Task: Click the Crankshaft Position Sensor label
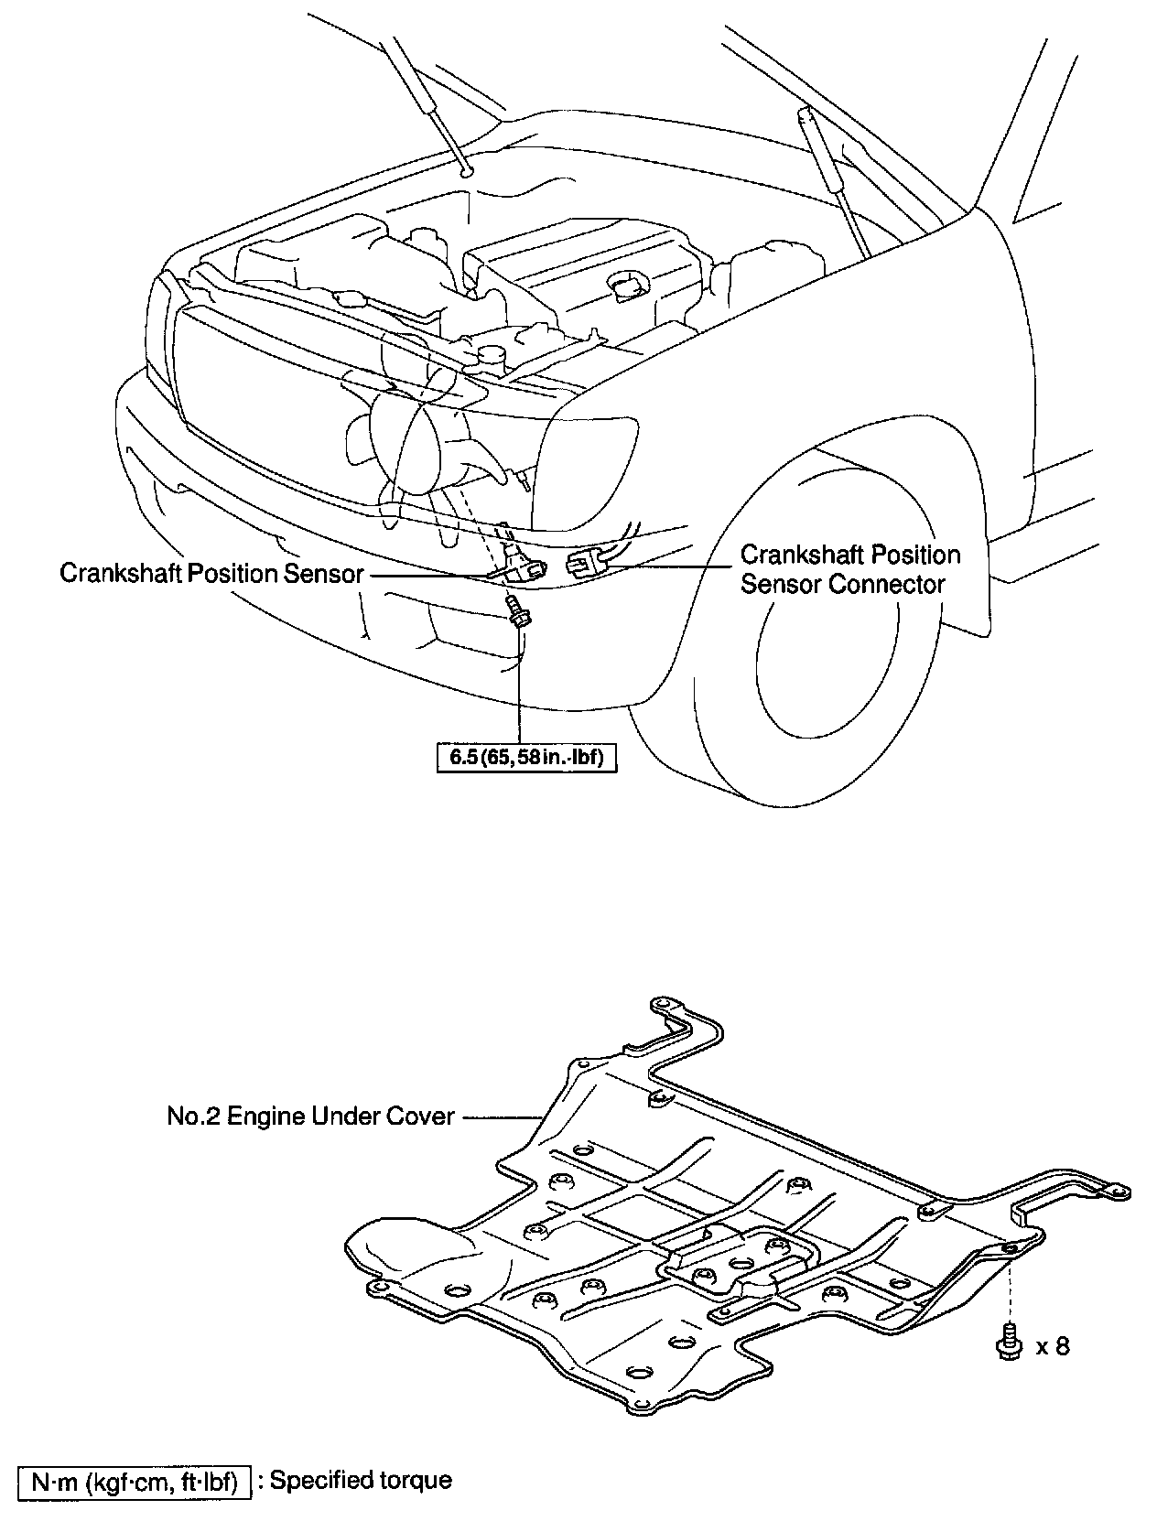(x=211, y=573)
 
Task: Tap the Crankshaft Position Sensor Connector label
(x=850, y=569)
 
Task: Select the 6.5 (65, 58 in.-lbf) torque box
(x=525, y=757)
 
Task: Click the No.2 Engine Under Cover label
(x=310, y=1116)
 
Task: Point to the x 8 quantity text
(x=1052, y=1346)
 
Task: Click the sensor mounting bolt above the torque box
(x=516, y=611)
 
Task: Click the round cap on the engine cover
(x=626, y=286)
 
